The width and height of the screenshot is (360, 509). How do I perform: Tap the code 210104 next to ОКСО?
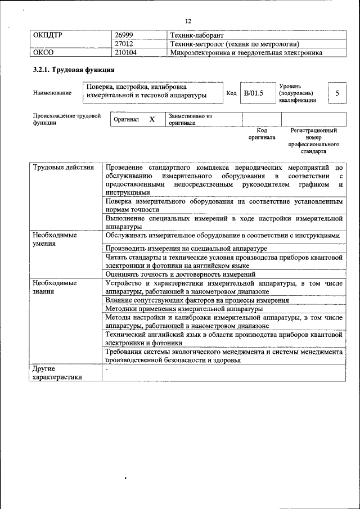126,53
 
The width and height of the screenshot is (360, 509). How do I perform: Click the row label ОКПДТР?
47,35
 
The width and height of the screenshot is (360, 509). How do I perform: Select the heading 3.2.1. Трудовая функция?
73,70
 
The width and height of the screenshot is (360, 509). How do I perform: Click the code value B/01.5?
253,93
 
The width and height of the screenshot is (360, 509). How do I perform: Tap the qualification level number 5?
337,93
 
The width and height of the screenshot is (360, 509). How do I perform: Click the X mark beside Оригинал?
151,119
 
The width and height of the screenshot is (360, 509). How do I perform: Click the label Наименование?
52,93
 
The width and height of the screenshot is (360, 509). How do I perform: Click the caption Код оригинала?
262,133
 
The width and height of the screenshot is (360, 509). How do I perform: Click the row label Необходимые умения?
55,240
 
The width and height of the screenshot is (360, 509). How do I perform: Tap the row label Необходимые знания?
55,287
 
